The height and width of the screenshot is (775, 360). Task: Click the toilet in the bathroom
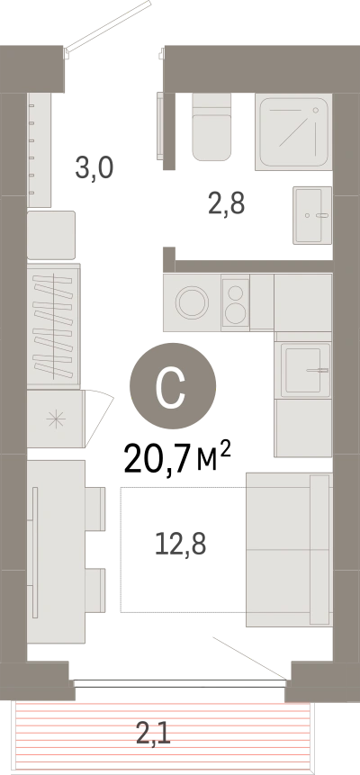(x=211, y=127)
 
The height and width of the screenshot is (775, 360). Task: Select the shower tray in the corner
(x=293, y=131)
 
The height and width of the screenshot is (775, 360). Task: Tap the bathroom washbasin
(x=312, y=215)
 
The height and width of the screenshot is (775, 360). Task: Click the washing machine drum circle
(x=192, y=302)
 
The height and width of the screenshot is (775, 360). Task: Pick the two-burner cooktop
(x=236, y=302)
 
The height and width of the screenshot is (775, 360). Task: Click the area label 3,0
(x=94, y=167)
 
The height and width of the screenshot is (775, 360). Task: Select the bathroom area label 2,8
(x=227, y=203)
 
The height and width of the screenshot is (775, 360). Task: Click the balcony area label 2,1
(x=153, y=733)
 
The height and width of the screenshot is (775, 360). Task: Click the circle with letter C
(x=173, y=385)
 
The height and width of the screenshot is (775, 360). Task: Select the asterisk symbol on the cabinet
(x=56, y=419)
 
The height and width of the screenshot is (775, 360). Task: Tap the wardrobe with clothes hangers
(x=53, y=326)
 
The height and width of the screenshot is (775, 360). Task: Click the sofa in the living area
(x=289, y=549)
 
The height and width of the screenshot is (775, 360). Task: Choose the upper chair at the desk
(x=95, y=509)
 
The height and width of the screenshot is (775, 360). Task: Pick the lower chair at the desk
(x=95, y=590)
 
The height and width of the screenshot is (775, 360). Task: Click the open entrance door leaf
(x=108, y=24)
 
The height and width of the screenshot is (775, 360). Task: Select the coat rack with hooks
(x=39, y=149)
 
